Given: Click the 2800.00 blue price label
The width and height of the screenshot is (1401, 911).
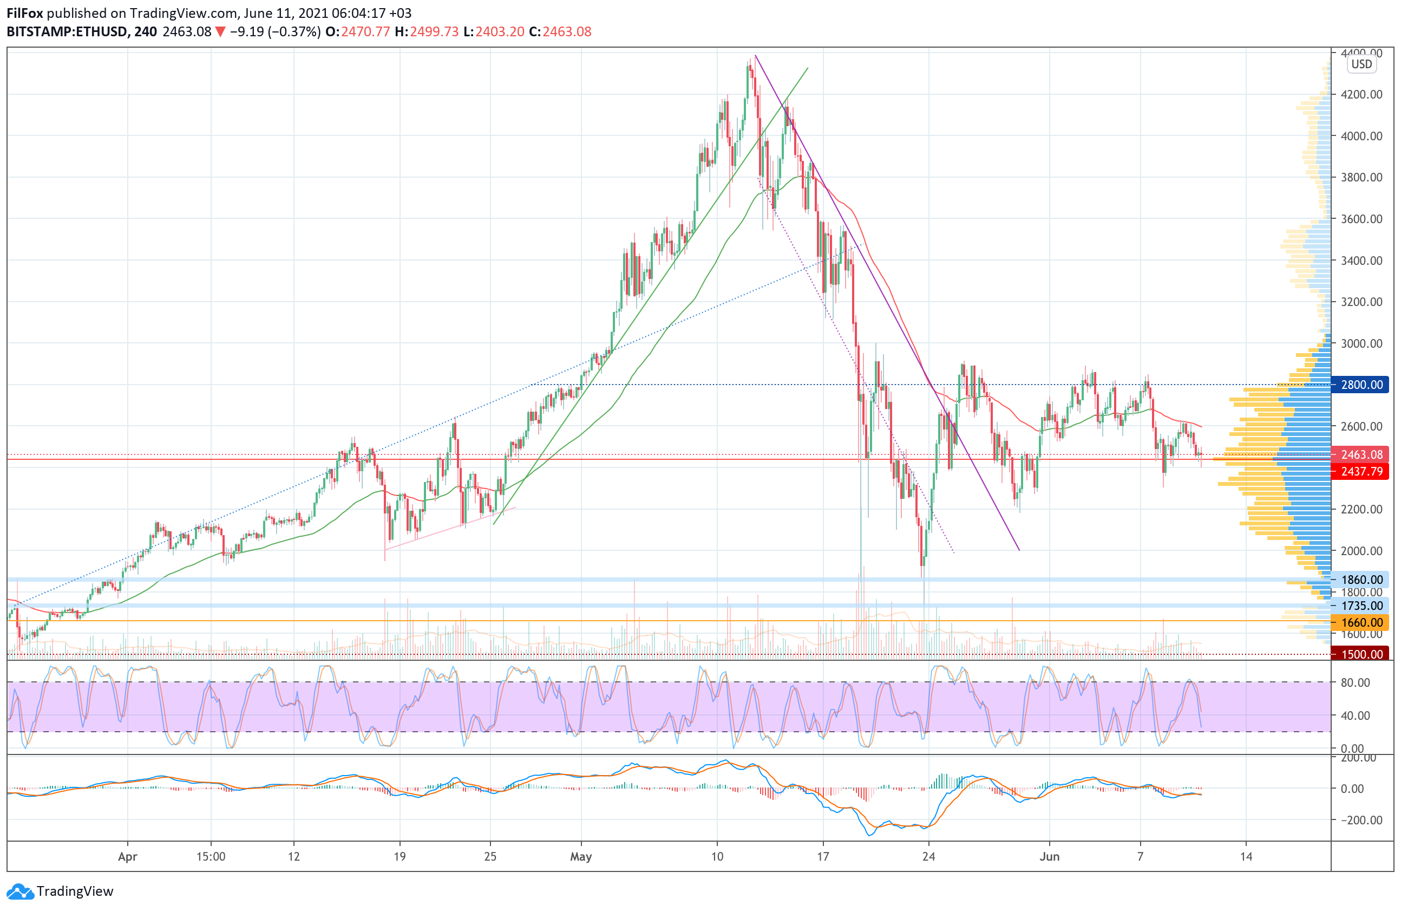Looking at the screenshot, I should pyautogui.click(x=1361, y=385).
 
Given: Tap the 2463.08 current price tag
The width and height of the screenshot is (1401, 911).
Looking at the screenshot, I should pyautogui.click(x=1361, y=454).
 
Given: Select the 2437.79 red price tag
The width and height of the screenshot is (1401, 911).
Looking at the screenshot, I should pyautogui.click(x=1361, y=471).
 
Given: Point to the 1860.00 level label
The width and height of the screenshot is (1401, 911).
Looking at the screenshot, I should pyautogui.click(x=1361, y=580).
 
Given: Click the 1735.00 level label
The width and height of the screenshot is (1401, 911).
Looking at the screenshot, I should pyautogui.click(x=1361, y=606).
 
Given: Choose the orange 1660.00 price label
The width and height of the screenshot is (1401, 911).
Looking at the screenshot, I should pyautogui.click(x=1361, y=622).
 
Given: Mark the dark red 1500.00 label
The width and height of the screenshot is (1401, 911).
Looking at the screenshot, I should pyautogui.click(x=1361, y=654).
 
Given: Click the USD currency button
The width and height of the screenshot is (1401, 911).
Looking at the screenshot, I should pyautogui.click(x=1361, y=64).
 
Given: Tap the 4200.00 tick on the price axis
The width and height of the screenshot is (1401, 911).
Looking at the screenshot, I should pyautogui.click(x=1361, y=94).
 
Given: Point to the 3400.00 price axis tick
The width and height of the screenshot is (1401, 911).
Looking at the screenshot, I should pyautogui.click(x=1361, y=261).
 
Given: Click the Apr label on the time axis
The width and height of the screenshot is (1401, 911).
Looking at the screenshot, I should pyautogui.click(x=127, y=856).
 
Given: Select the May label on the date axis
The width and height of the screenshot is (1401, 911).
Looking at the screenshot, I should pyautogui.click(x=581, y=856).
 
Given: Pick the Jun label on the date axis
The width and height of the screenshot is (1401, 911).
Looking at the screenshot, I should pyautogui.click(x=1049, y=856).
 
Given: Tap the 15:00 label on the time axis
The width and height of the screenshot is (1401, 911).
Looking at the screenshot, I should pyautogui.click(x=211, y=856).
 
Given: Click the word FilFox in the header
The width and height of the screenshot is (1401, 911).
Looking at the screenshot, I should pyautogui.click(x=25, y=13).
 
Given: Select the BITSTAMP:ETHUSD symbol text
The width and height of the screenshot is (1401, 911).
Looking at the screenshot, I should pyautogui.click(x=66, y=32).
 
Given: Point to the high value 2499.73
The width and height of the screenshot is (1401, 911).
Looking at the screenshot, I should pyautogui.click(x=434, y=32).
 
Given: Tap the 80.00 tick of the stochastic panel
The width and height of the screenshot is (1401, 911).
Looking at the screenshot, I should pyautogui.click(x=1354, y=682).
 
